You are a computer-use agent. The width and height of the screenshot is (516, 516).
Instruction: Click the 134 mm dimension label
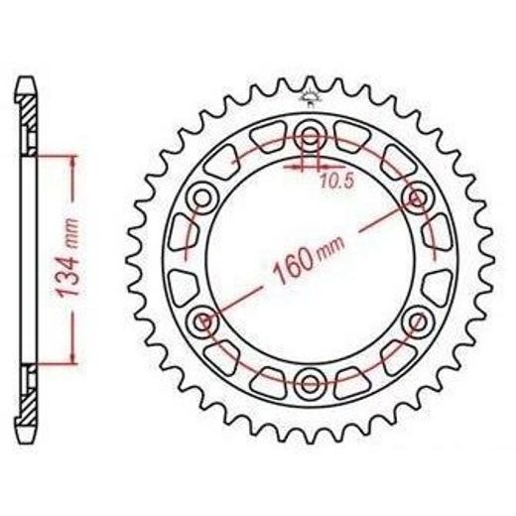[68, 257]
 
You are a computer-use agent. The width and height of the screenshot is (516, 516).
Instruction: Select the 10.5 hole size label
[337, 182]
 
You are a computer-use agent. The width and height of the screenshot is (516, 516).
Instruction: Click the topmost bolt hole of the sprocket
[310, 136]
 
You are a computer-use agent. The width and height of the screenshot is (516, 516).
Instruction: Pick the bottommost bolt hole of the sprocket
[310, 384]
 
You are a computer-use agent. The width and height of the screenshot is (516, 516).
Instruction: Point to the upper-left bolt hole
[201, 199]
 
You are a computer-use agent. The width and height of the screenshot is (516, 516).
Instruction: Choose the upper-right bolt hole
[418, 198]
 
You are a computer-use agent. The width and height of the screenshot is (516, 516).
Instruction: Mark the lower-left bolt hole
[201, 322]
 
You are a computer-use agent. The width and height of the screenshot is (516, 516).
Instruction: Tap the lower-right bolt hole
[418, 322]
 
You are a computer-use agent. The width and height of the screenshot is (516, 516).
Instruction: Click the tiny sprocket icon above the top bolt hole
[309, 96]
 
